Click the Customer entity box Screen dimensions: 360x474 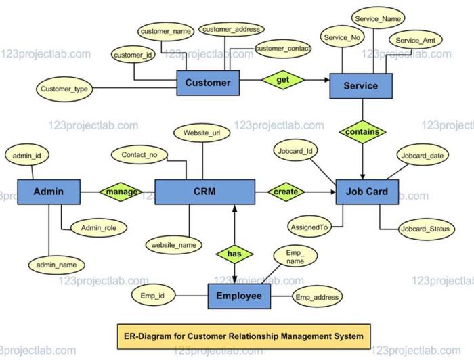(208, 83)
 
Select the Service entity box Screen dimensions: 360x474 (362, 86)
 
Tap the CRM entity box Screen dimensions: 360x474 (204, 192)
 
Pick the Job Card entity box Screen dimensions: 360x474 (366, 192)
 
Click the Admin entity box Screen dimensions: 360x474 (48, 192)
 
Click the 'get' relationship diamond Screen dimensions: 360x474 (283, 80)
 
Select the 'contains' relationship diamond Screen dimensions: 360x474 (362, 132)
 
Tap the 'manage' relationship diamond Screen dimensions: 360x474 (122, 192)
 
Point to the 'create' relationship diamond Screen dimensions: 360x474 (286, 192)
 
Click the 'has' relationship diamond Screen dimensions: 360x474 (234, 254)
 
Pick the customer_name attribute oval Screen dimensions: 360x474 (166, 31)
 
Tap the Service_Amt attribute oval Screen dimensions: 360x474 (415, 41)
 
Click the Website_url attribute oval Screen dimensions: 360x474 (202, 133)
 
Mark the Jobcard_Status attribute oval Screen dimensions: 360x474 (424, 229)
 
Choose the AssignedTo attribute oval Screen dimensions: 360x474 (309, 227)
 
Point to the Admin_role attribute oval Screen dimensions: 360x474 (99, 229)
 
